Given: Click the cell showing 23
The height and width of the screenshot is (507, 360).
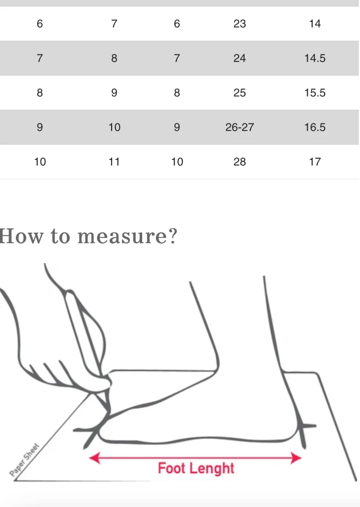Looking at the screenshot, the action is (x=240, y=24).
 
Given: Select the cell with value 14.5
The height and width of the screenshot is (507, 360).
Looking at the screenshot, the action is (x=315, y=58).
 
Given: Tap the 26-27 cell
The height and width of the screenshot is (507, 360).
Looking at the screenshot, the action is (x=240, y=127).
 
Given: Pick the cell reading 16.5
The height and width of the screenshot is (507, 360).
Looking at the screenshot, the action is (x=315, y=127).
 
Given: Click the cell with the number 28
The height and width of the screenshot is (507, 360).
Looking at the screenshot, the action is (x=240, y=162).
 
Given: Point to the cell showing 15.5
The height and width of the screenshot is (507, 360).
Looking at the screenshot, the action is (x=315, y=93).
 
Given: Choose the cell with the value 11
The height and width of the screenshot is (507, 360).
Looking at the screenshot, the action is (x=114, y=162).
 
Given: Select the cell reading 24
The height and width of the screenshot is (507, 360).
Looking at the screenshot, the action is (x=240, y=58).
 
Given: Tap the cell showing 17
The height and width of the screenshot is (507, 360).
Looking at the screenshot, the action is (x=315, y=162).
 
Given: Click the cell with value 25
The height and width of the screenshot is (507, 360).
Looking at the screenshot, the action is (x=240, y=93).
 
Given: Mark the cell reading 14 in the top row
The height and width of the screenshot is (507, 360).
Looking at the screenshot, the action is (x=315, y=24).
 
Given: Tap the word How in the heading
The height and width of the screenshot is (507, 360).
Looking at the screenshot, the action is (x=21, y=236).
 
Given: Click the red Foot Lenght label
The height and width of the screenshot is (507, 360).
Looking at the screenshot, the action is (x=196, y=468).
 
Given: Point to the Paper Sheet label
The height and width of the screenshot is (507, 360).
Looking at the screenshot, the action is (x=24, y=459).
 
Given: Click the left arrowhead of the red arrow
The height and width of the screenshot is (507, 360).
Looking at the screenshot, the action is (x=95, y=458).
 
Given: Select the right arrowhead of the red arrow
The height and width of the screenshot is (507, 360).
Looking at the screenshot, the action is (x=296, y=458).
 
